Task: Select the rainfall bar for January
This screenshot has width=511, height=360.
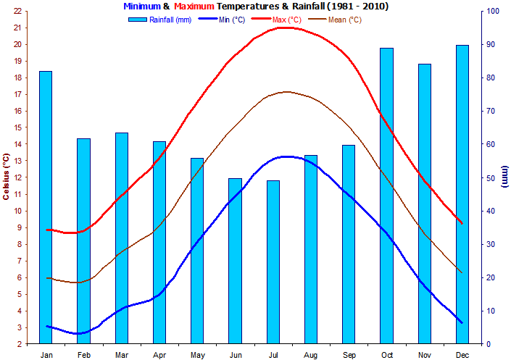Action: point(46,207)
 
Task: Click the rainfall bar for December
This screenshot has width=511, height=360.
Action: point(462,195)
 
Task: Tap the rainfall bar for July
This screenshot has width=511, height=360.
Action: point(273,262)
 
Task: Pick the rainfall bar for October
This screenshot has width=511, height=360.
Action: point(386,196)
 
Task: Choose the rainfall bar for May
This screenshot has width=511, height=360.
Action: point(197,251)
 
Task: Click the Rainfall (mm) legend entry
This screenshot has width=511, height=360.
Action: point(160,20)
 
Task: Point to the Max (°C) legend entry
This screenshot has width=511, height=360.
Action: point(277,20)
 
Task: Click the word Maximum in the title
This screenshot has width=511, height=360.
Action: point(194,7)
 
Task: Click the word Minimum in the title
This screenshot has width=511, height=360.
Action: point(142,7)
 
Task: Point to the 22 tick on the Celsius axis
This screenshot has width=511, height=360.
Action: point(18,11)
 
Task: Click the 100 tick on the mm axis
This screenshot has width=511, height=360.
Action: point(493,11)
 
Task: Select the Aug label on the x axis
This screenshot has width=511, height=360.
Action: point(310,355)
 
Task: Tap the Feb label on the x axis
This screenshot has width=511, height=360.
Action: point(84,355)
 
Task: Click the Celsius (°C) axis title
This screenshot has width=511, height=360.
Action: point(6,177)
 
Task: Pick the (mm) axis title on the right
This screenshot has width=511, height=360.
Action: point(504,177)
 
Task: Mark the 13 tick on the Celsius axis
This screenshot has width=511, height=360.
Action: point(18,161)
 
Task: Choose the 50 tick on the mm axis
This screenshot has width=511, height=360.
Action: point(491,178)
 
